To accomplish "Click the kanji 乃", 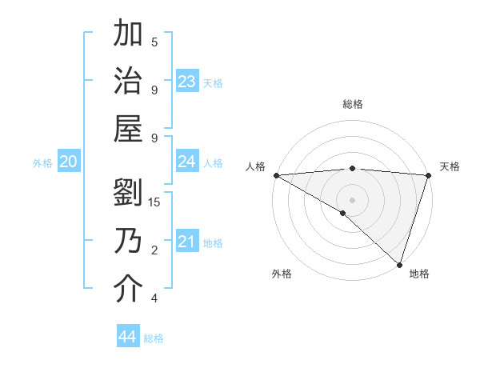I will pyautogui.click(x=129, y=241).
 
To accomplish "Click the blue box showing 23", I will pyautogui.click(x=187, y=82).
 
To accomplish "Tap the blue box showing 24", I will pyautogui.click(x=187, y=162).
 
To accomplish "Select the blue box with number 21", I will pyautogui.click(x=187, y=242).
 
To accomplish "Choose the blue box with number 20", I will pyautogui.click(x=68, y=162).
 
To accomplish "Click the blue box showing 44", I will pyautogui.click(x=128, y=337).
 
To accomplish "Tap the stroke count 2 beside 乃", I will pyautogui.click(x=154, y=250).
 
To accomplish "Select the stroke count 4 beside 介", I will pyautogui.click(x=154, y=298).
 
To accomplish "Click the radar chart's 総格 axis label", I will pyautogui.click(x=352, y=104).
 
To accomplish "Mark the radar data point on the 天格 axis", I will pyautogui.click(x=428, y=175).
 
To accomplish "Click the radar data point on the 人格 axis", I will pyautogui.click(x=276, y=175).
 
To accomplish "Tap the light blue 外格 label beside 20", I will pyautogui.click(x=42, y=163).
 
